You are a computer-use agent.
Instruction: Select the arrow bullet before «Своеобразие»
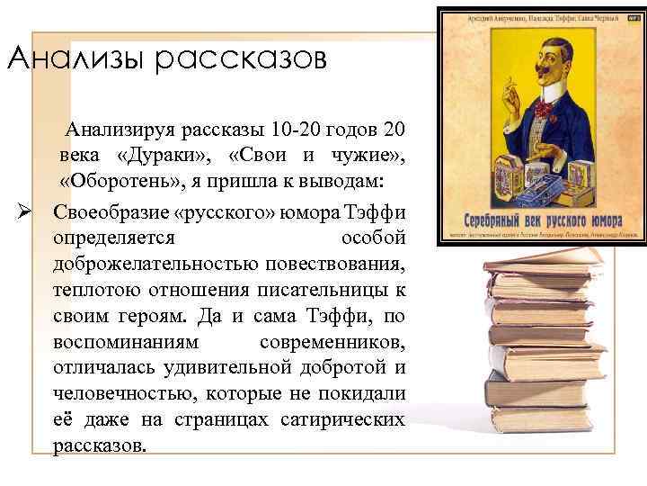click(x=26, y=213)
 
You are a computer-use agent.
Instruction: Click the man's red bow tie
click(x=543, y=107)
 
